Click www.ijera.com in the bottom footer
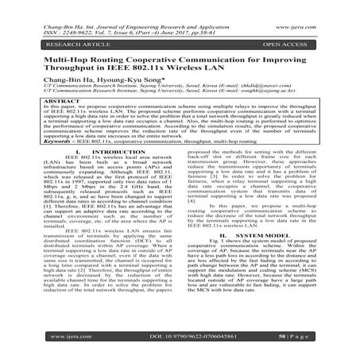point(39,336)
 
